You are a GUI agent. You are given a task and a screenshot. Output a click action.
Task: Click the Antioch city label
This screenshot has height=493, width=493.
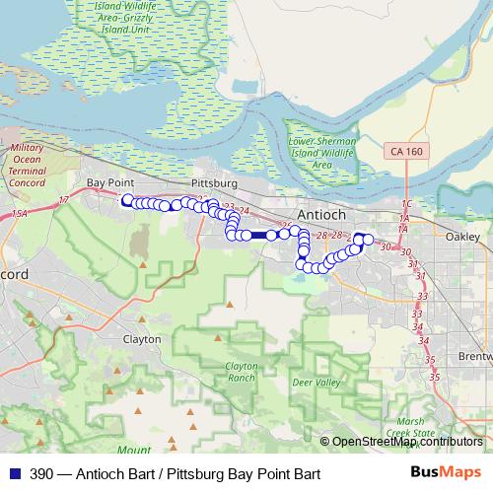click(320, 215)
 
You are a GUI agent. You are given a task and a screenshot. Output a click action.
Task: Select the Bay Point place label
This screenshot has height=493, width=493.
click(109, 183)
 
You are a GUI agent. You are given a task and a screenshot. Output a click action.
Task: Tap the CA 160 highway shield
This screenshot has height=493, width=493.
click(405, 152)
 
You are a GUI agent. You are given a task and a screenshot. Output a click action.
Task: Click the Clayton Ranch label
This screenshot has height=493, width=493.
click(241, 371)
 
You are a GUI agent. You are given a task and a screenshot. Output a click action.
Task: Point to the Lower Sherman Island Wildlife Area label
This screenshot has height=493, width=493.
click(321, 153)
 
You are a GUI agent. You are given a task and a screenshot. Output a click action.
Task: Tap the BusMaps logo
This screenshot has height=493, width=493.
click(447, 473)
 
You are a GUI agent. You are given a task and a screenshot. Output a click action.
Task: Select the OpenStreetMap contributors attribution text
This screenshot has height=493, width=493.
click(406, 442)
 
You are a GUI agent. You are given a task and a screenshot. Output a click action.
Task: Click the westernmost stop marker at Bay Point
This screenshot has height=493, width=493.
click(127, 201)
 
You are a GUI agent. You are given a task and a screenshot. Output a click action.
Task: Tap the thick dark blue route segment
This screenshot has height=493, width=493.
click(259, 235)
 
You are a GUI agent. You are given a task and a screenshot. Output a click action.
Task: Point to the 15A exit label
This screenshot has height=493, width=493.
click(20, 214)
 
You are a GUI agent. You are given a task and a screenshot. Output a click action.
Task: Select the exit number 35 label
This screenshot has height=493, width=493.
click(432, 376)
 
